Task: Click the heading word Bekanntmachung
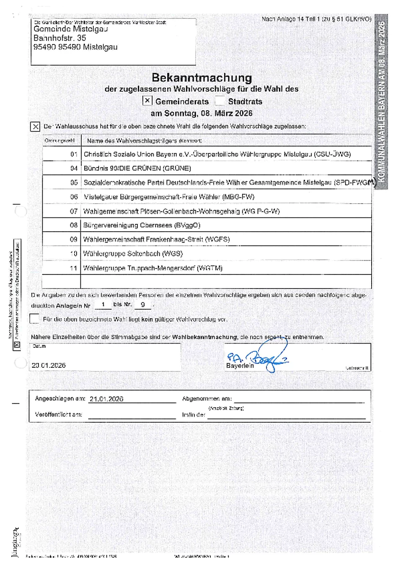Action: pyautogui.click(x=202, y=77)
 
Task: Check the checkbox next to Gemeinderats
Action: pyautogui.click(x=147, y=101)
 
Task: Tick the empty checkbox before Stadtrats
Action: pyautogui.click(x=220, y=101)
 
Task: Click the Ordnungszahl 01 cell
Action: pyautogui.click(x=74, y=154)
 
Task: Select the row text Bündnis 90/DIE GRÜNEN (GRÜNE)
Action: pyautogui.click(x=137, y=168)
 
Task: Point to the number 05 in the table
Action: pyautogui.click(x=74, y=183)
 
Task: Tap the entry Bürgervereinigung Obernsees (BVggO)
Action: pyautogui.click(x=142, y=225)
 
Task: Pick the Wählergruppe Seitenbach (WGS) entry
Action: pyautogui.click(x=133, y=254)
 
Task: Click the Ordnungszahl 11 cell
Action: pyautogui.click(x=74, y=268)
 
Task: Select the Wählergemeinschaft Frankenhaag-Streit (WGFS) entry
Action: pyautogui.click(x=156, y=240)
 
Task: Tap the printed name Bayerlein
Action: pyautogui.click(x=240, y=366)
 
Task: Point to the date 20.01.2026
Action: pyautogui.click(x=49, y=365)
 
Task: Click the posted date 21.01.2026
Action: pyautogui.click(x=106, y=399)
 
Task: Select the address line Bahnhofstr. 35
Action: pyautogui.click(x=59, y=38)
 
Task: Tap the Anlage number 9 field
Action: pyautogui.click(x=142, y=305)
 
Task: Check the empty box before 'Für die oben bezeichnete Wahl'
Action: pyautogui.click(x=35, y=319)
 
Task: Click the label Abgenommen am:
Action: pyautogui.click(x=207, y=399)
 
